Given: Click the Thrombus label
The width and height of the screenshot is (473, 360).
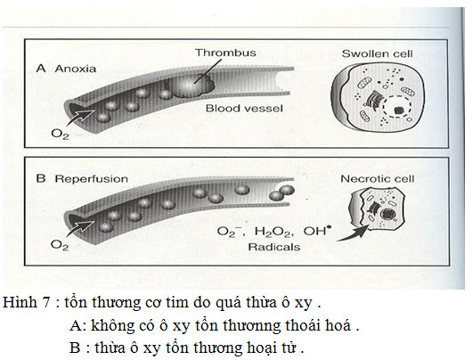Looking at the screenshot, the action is [x=225, y=53].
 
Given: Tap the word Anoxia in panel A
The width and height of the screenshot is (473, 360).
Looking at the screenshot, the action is [x=76, y=69].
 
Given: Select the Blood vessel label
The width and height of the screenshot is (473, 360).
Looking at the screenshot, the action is [x=244, y=109].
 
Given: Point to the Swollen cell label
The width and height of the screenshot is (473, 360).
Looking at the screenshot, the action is [x=377, y=54].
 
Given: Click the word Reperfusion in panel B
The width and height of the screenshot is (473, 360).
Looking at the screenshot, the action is [x=91, y=179].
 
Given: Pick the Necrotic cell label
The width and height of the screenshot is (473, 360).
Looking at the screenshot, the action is [x=377, y=179].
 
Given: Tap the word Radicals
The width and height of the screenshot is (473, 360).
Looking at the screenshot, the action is [x=273, y=247].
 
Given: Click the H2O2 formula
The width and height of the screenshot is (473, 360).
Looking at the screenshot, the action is [x=273, y=232].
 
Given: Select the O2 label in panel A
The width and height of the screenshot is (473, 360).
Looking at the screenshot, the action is [x=60, y=134].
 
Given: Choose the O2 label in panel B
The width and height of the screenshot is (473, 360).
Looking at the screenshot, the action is [x=60, y=245].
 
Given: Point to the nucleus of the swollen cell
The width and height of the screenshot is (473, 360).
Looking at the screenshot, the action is [x=397, y=108].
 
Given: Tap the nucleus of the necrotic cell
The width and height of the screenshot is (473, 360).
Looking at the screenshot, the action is [x=386, y=215].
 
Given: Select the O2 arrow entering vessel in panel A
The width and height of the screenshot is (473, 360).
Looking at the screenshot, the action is [x=80, y=117].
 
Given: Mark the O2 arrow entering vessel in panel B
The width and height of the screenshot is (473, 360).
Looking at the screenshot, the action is [x=80, y=228].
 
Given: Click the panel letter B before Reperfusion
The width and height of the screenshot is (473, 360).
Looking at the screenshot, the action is [x=41, y=178].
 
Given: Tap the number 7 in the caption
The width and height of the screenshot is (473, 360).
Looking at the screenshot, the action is [x=45, y=302].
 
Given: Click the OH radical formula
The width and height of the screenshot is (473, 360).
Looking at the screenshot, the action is [x=315, y=231].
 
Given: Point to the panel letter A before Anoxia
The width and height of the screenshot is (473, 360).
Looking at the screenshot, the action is [x=41, y=69].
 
